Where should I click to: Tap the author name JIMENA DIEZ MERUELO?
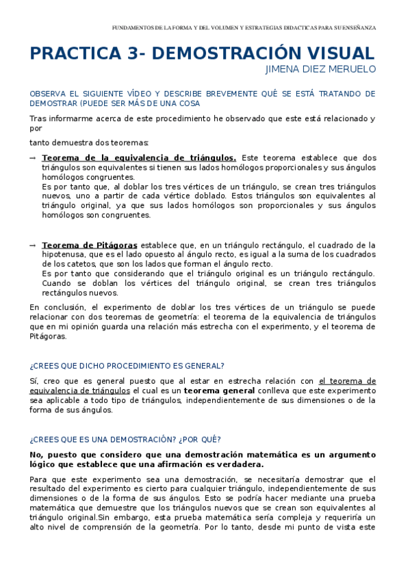coord(320,69)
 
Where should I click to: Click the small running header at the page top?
coord(244,28)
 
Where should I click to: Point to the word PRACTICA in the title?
coord(71,54)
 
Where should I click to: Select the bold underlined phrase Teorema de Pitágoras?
coord(90,245)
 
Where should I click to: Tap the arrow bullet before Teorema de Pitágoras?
coord(32,245)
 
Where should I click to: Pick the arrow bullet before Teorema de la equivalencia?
coord(32,157)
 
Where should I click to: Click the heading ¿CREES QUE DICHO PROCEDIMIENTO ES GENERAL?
coord(127,366)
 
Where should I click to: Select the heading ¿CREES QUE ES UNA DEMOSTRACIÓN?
coord(125,439)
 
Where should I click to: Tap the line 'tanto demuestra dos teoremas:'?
coord(89,142)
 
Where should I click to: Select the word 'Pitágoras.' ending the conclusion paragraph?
coord(48,336)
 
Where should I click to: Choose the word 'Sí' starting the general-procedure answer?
coord(34,381)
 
